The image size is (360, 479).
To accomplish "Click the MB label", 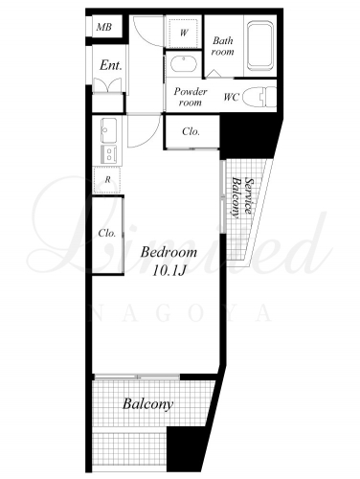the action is pyautogui.click(x=104, y=27).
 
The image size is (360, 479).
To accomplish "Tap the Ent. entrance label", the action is pyautogui.click(x=111, y=65).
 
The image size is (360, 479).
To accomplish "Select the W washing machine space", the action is pyautogui.click(x=184, y=33).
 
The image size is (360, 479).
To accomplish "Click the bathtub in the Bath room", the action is pyautogui.click(x=260, y=46).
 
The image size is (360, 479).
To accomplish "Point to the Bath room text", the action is pyautogui.click(x=223, y=46).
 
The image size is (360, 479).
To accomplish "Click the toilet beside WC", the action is pyautogui.click(x=259, y=96).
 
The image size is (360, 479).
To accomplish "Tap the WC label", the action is pyautogui.click(x=232, y=97).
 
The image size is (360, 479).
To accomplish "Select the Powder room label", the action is pyautogui.click(x=191, y=97).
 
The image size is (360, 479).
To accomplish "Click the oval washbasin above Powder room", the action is pyautogui.click(x=184, y=64).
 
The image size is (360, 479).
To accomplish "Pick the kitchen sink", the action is pyautogui.click(x=108, y=130).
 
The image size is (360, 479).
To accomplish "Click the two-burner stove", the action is pyautogui.click(x=109, y=155).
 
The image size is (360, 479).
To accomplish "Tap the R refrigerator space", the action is pyautogui.click(x=107, y=180).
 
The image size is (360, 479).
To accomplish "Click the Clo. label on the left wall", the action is pyautogui.click(x=107, y=233).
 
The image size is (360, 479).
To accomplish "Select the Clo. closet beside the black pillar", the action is pyautogui.click(x=191, y=131).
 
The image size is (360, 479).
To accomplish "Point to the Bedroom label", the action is pyautogui.click(x=169, y=252).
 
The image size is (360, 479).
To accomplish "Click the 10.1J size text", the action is pyautogui.click(x=169, y=271).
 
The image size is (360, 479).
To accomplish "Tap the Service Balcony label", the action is pyautogui.click(x=241, y=197).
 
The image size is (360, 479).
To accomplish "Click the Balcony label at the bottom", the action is pyautogui.click(x=148, y=404).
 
